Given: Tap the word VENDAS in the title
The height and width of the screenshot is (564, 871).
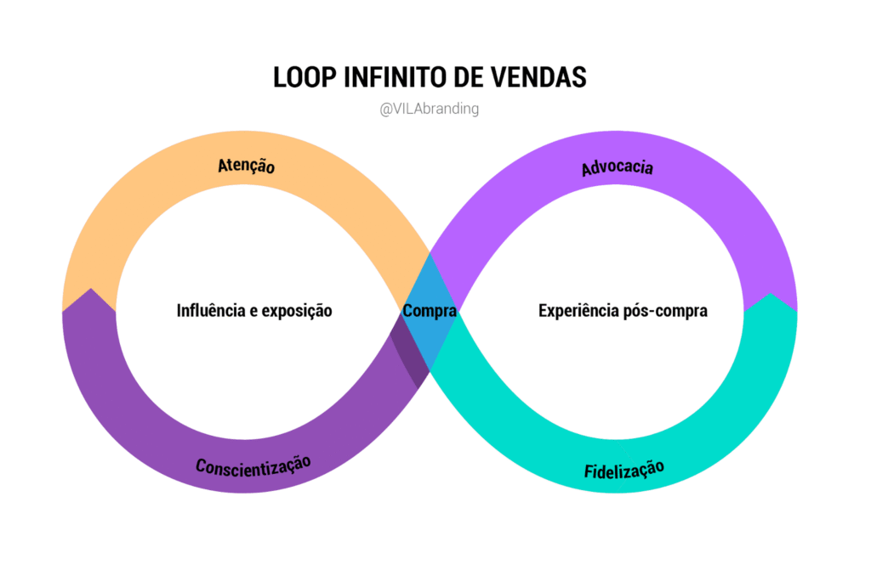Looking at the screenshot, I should tap(540, 77).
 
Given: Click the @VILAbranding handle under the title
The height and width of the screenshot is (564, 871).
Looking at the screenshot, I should tap(430, 110).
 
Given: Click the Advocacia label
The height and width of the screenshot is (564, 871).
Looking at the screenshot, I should tap(618, 166).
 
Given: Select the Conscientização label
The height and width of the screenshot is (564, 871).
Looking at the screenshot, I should tap(253, 465).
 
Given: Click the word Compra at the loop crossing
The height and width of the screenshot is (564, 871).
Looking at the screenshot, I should tap(430, 311).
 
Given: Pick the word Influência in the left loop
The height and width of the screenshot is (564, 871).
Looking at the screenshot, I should tap(213, 311).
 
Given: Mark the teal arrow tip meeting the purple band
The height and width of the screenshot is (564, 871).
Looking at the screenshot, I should tap(769, 298).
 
